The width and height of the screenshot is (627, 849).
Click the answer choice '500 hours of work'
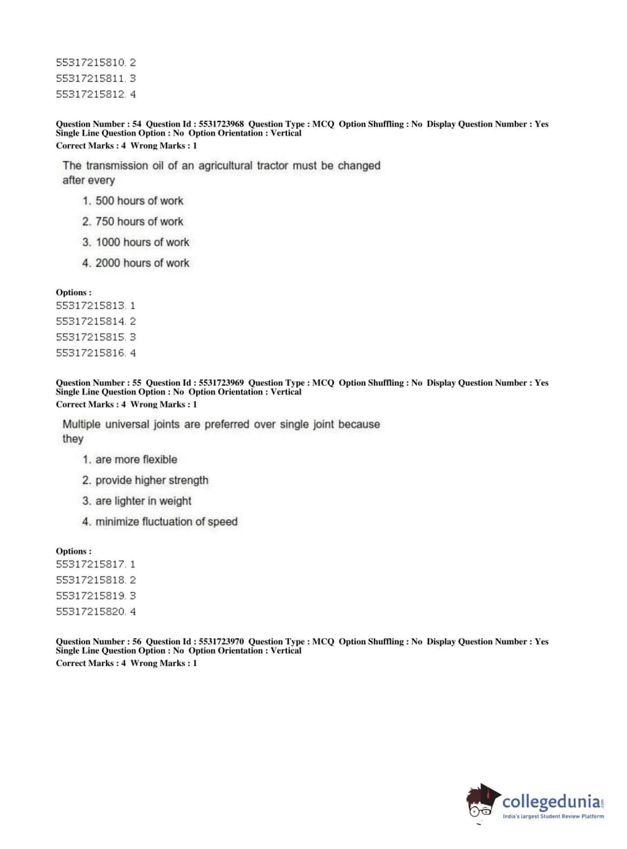(139, 201)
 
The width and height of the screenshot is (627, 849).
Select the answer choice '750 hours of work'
(139, 222)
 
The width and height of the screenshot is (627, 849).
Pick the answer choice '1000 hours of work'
(142, 242)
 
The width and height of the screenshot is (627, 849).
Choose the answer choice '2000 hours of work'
(142, 263)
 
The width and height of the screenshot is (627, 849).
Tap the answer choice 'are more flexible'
(136, 460)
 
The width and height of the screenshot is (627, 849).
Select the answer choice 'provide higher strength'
(152, 480)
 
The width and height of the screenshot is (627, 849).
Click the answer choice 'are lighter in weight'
(143, 501)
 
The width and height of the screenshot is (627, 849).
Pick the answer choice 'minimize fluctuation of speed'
(166, 522)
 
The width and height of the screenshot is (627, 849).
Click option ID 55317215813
(91, 306)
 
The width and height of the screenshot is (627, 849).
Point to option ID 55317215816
(91, 353)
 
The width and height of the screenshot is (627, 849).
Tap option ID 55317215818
(91, 580)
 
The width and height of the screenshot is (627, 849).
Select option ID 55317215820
(91, 612)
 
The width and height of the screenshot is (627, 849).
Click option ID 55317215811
(91, 78)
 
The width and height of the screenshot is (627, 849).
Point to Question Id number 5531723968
(221, 124)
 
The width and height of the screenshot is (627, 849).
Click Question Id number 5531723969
(221, 383)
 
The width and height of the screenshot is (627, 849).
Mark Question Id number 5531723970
(221, 641)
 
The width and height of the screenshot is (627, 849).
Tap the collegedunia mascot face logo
(482, 801)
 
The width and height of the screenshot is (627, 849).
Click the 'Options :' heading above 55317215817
(73, 551)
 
